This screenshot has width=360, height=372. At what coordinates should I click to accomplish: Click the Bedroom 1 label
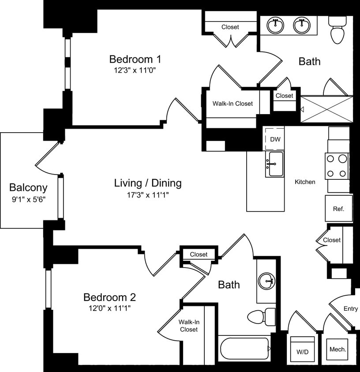coord(135,59)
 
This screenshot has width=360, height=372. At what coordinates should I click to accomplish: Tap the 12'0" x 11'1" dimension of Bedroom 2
coord(109,308)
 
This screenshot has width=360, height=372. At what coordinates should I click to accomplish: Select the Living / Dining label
coord(148,183)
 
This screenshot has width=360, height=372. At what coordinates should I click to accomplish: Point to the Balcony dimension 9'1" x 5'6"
coord(28,199)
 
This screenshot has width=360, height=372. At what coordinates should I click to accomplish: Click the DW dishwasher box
coord(275,139)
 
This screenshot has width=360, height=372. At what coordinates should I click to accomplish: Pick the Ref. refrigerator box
coord(338,209)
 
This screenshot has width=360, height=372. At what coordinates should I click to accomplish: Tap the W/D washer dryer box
coord(302,352)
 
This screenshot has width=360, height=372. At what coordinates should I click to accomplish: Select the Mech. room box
coord(338,350)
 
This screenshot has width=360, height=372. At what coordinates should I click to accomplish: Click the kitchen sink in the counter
coord(274,164)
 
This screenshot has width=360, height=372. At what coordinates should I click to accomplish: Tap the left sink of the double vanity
coord(276,26)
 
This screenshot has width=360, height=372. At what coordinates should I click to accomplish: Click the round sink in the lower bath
coord(266,280)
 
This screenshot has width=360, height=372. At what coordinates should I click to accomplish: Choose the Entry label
coord(351,309)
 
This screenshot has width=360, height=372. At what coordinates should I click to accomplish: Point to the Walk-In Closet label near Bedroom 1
coord(232,104)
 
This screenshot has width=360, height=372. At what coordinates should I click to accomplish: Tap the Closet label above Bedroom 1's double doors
coord(230,27)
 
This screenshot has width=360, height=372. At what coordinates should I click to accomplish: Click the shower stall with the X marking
coord(326,109)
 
